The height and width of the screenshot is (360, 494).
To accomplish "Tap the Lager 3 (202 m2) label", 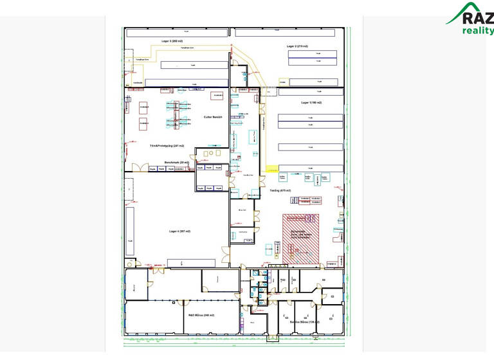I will [174, 40].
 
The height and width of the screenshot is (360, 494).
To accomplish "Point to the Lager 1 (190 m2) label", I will [311, 103].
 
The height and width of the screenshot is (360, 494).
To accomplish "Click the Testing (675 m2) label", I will [279, 190].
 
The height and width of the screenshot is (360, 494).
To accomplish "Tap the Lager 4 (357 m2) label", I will [179, 231].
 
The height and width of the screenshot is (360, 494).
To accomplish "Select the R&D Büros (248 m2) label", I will [201, 315].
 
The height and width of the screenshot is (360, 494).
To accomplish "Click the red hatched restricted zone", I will [301, 239].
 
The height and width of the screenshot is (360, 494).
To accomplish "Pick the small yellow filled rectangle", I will [272, 169].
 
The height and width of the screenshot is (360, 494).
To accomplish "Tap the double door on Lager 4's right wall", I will [225, 254].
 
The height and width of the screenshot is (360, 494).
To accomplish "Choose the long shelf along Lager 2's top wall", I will [286, 32].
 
